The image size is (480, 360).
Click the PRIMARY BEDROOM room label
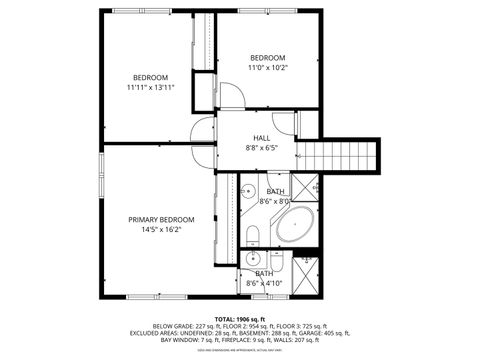160,219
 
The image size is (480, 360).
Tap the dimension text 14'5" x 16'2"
160,229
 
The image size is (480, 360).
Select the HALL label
261,138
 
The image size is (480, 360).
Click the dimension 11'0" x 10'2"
268,68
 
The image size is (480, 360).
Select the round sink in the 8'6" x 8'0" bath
248,191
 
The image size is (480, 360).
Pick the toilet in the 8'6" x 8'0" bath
252,234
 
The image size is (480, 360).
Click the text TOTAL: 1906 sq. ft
240,317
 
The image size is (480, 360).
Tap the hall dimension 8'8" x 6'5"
261,149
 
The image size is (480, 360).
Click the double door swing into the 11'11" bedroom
204,131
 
